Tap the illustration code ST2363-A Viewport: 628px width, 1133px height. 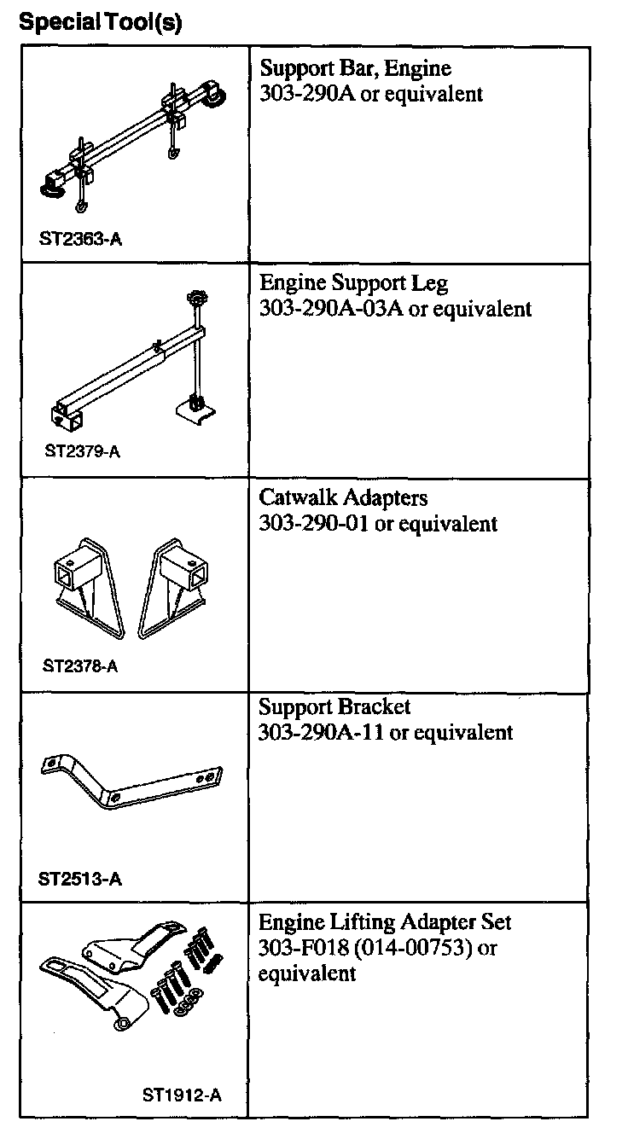(x=81, y=239)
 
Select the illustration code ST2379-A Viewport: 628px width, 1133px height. (x=82, y=451)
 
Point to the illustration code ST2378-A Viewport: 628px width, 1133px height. (x=81, y=665)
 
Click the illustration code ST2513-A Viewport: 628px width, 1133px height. (x=81, y=878)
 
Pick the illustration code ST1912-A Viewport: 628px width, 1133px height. (x=182, y=1095)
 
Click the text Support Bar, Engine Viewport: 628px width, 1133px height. (x=355, y=68)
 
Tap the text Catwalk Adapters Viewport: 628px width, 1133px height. (x=343, y=497)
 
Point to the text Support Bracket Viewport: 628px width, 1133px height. (x=334, y=707)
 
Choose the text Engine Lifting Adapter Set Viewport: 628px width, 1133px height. (x=385, y=922)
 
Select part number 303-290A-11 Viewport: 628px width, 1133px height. (x=322, y=732)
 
